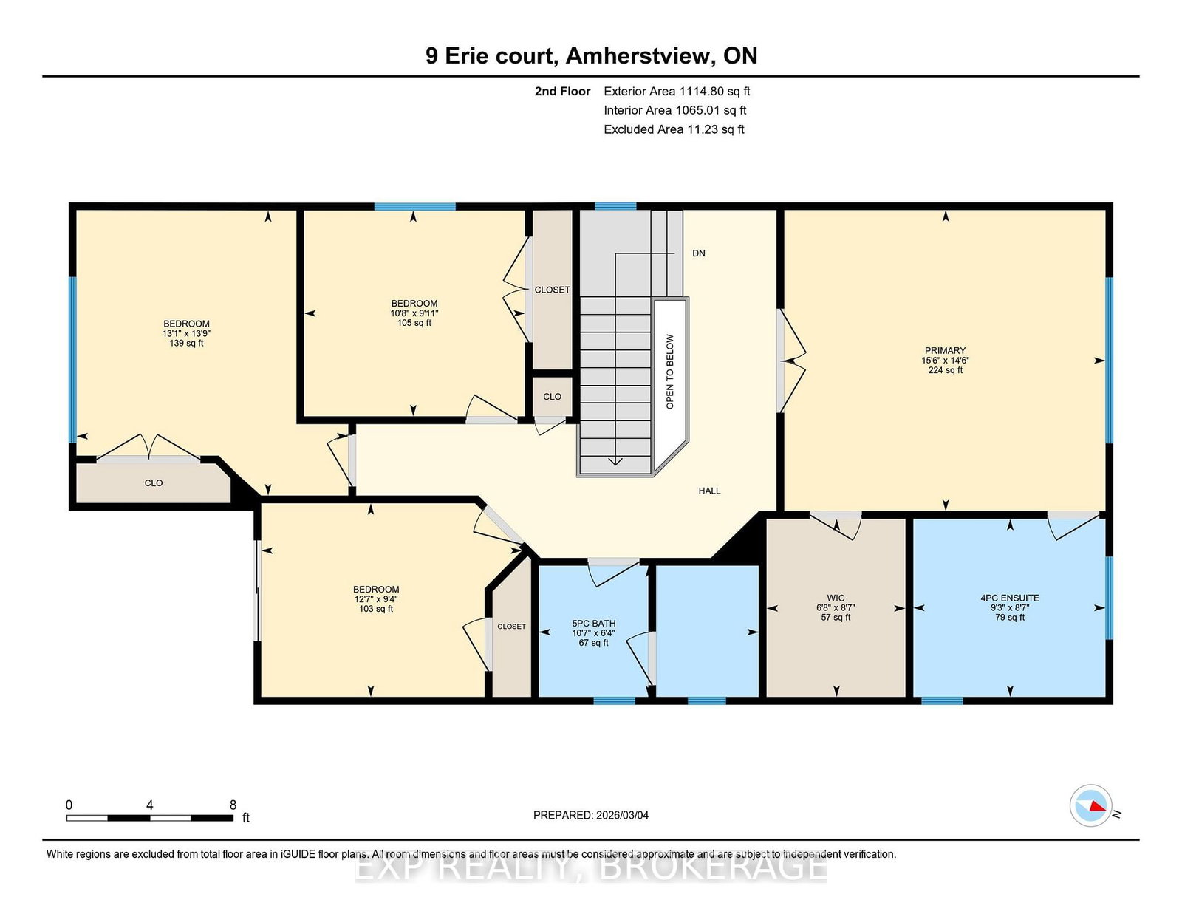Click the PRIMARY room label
click(x=945, y=351)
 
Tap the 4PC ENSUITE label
click(x=1009, y=598)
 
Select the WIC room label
click(x=836, y=598)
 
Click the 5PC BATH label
click(x=593, y=624)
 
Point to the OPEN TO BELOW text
click(x=670, y=372)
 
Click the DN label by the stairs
click(x=698, y=253)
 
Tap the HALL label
click(x=709, y=491)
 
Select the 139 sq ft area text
click(x=186, y=344)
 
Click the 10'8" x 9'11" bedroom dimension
click(x=414, y=313)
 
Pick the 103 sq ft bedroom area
click(x=376, y=609)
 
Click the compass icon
click(x=1090, y=805)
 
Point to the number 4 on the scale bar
click(x=150, y=805)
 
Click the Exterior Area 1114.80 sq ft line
click(x=677, y=92)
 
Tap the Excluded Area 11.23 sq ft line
click(x=674, y=129)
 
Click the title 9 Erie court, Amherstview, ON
click(x=591, y=56)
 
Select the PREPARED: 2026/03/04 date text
click(x=591, y=815)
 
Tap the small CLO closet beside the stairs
click(x=552, y=397)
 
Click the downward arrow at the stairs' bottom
click(x=615, y=460)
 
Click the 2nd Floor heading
click(x=562, y=92)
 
